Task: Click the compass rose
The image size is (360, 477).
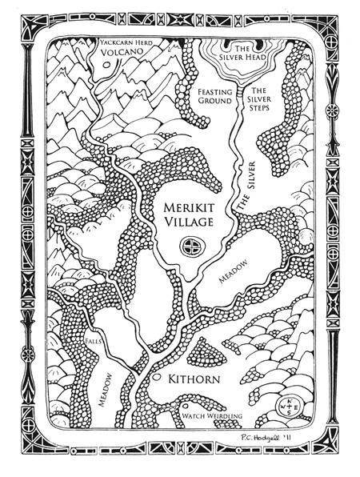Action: coord(285,406)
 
